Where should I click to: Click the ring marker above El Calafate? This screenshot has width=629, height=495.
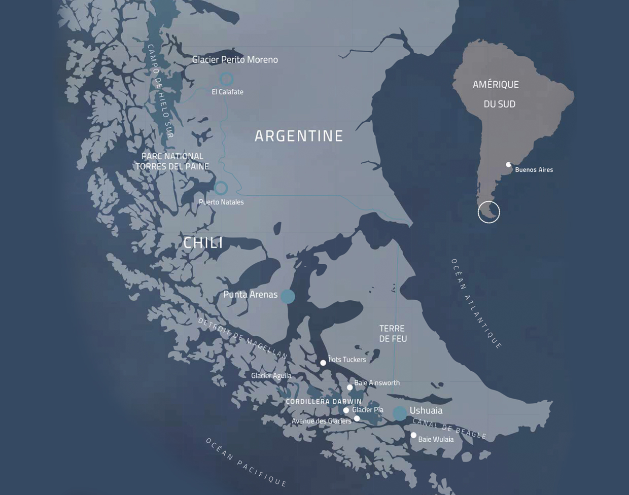tap(226, 79)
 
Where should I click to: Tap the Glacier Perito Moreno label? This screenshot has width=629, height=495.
tap(235, 60)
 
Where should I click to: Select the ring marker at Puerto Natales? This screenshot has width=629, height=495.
tap(221, 188)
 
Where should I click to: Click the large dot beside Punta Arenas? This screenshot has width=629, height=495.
tap(288, 296)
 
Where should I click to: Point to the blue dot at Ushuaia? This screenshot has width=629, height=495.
tap(400, 413)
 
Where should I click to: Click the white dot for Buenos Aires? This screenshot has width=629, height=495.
tap(509, 165)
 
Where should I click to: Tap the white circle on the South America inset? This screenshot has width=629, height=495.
tap(488, 212)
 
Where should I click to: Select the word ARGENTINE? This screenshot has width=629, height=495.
tap(299, 136)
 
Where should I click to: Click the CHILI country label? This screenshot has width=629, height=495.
tap(203, 243)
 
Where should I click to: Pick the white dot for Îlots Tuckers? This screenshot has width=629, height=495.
tap(323, 363)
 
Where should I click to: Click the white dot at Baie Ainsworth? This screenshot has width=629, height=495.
tap(350, 387)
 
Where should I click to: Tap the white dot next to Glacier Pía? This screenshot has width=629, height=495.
tap(346, 410)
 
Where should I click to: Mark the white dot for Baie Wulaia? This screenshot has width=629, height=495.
tap(413, 435)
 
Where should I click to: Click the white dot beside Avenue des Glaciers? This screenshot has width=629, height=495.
tap(357, 418)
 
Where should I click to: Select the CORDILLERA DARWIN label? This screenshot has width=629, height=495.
tap(324, 401)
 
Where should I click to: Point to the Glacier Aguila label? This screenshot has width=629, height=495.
tap(271, 376)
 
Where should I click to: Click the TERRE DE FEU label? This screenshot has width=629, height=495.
tap(393, 334)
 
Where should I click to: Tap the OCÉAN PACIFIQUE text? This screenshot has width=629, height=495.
tap(246, 462)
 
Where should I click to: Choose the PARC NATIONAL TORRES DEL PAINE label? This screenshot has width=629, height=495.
tap(172, 161)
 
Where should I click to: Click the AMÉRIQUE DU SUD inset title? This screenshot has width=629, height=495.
tap(496, 94)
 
